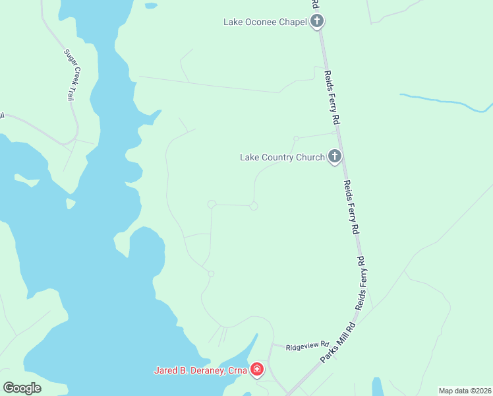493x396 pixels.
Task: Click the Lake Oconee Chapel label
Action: click(265, 22)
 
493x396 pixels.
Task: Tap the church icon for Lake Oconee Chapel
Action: click(317, 22)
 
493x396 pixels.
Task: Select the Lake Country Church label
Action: click(282, 157)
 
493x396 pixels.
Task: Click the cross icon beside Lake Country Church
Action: click(334, 157)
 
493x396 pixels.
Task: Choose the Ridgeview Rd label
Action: click(307, 345)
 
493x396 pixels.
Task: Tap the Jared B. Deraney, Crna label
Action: click(200, 370)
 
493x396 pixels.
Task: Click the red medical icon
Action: click(257, 370)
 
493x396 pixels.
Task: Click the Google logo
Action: click(22, 388)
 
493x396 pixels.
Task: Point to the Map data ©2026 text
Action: click(465, 391)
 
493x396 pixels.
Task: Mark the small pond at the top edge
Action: click(151, 6)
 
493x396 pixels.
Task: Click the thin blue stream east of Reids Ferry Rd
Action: click(448, 103)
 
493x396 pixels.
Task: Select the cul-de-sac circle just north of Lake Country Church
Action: click(296, 138)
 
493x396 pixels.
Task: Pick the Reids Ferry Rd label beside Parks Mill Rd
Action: click(361, 284)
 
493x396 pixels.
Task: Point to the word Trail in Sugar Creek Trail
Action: click(71, 91)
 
